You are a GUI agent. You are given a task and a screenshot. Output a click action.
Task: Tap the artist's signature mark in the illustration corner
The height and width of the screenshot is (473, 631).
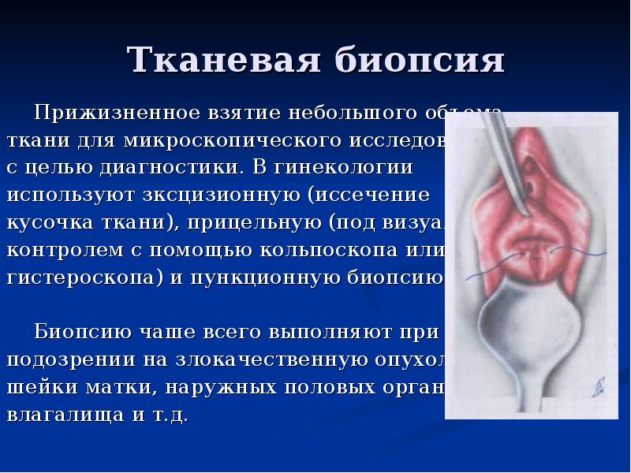pyautogui.click(x=597, y=389)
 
